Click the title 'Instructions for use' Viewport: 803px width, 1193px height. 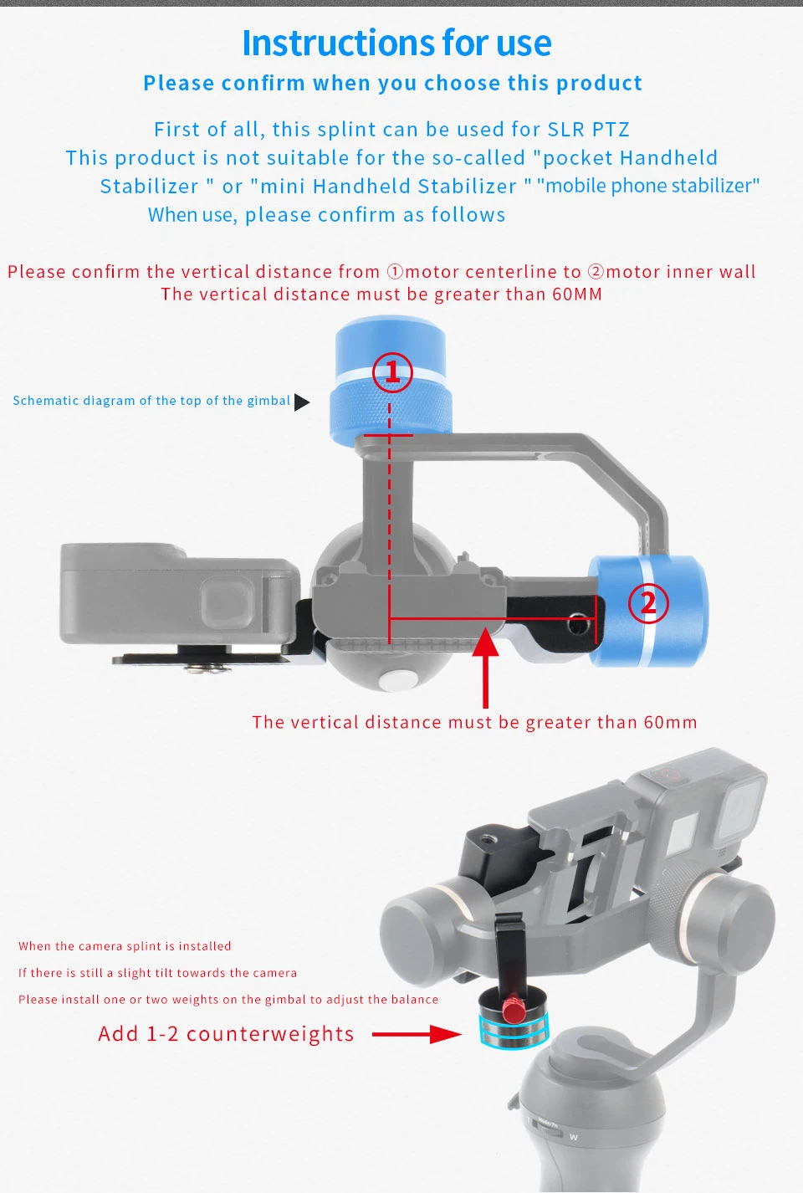(396, 43)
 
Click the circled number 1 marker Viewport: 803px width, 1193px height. (392, 372)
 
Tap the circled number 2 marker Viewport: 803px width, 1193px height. (648, 602)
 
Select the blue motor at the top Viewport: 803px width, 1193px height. (391, 381)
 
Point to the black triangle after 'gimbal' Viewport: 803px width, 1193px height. (302, 402)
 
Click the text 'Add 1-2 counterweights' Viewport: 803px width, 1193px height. (226, 1034)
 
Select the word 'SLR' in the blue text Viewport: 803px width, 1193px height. (566, 130)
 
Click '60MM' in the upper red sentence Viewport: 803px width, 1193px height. (577, 294)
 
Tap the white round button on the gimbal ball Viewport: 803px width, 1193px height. (396, 679)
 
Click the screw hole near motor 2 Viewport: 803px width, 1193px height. (577, 623)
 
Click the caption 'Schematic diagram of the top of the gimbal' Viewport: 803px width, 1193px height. (151, 401)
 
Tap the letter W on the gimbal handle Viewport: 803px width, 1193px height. (573, 1137)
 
